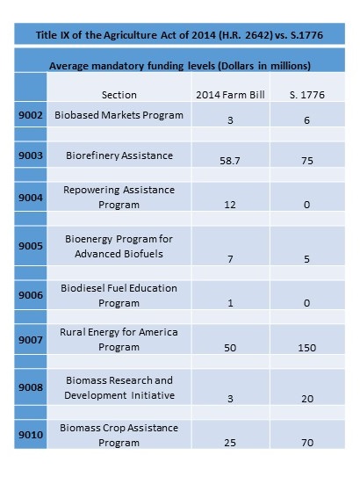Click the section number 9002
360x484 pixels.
(31, 115)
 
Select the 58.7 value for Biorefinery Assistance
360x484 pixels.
(230, 161)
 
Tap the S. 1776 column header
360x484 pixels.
(307, 95)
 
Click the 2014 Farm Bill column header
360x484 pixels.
(230, 95)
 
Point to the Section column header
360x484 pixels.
(119, 95)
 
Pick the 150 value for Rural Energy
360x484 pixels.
(307, 348)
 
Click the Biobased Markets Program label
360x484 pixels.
(119, 115)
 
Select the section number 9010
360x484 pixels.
(31, 435)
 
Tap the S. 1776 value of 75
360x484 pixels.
(307, 161)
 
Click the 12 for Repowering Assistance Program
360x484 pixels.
(230, 205)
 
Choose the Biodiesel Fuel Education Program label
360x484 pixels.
(119, 295)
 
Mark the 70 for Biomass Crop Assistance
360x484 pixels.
(307, 443)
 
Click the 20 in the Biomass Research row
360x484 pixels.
(307, 399)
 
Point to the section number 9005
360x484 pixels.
(31, 246)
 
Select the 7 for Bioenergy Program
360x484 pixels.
(230, 258)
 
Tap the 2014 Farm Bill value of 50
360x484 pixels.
(230, 348)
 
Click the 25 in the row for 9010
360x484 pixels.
(230, 443)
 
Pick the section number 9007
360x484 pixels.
(31, 340)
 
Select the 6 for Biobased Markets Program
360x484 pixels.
(306, 120)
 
